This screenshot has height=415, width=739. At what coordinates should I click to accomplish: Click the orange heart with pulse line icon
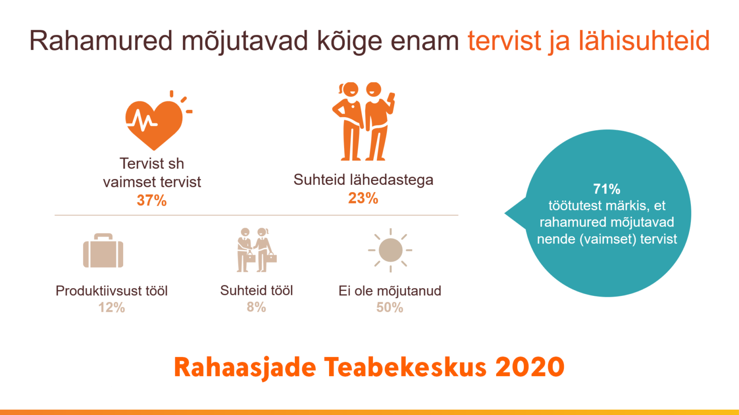tap(155, 123)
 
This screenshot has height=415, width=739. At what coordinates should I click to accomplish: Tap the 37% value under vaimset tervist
tap(152, 200)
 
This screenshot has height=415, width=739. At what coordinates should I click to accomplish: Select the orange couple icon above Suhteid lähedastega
tap(363, 121)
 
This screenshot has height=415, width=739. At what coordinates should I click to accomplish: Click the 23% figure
tap(363, 198)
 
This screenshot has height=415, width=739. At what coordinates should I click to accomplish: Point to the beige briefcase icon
tap(103, 250)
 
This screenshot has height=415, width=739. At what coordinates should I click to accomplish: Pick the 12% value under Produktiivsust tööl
tap(112, 307)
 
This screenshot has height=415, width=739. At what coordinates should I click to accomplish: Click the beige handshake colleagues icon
tap(256, 250)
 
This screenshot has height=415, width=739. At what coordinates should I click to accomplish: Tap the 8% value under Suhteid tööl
tap(256, 307)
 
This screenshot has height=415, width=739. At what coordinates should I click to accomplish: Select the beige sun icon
tap(390, 250)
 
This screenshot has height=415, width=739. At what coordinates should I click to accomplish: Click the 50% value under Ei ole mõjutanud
tap(390, 307)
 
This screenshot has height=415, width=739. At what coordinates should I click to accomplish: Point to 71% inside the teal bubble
tap(607, 189)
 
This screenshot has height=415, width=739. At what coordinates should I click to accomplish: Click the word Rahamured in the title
tap(101, 41)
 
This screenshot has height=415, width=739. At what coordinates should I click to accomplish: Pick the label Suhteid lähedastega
tap(363, 180)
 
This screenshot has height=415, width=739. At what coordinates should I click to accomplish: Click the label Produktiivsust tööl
tap(112, 291)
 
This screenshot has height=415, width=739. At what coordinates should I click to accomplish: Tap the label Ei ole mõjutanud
tap(390, 291)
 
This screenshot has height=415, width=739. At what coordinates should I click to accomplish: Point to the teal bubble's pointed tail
tap(505, 213)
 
